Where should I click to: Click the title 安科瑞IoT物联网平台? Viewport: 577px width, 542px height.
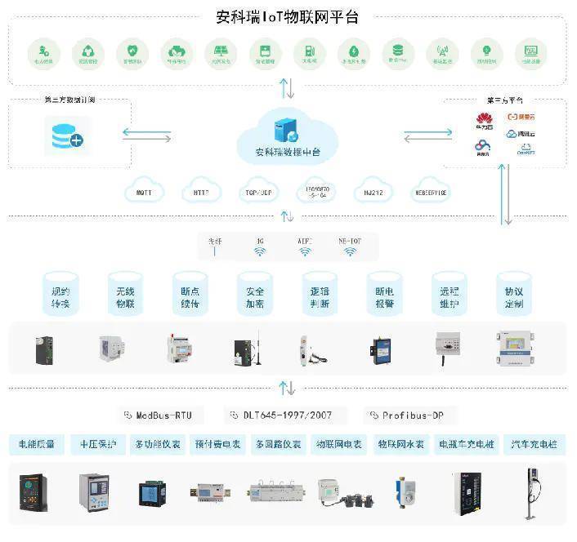pos(288,16)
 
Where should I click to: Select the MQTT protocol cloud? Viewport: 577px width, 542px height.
pos(144,193)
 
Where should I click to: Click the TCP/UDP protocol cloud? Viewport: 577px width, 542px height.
pos(258,193)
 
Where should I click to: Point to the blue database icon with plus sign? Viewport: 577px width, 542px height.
pos(68,135)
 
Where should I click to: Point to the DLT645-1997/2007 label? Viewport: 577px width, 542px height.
pos(284,415)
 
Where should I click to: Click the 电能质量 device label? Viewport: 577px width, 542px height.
pos(37,445)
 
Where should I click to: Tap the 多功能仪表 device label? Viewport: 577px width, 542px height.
pos(158,445)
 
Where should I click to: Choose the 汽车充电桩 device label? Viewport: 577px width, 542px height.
pos(534,445)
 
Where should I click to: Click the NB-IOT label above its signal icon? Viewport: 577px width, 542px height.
pos(350,241)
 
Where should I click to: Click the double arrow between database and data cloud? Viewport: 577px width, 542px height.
pos(147,134)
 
